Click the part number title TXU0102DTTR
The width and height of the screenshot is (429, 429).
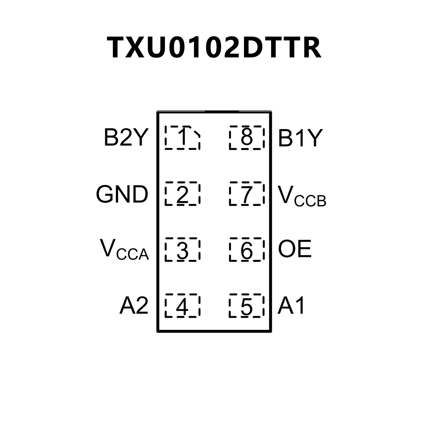214,48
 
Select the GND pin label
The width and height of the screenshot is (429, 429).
122,194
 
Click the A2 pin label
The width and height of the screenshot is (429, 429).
134,305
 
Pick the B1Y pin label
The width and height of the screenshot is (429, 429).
300,138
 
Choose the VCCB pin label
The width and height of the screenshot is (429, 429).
302,196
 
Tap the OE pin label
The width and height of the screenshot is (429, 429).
295,249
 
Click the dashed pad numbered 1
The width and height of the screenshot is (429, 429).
182,138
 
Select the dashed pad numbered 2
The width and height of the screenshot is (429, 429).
182,194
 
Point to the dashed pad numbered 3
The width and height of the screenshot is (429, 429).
182,250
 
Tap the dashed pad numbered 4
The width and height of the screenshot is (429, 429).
182,306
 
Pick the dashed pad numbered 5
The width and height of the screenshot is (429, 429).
247,306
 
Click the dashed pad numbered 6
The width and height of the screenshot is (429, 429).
247,250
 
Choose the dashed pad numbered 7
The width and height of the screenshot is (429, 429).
247,194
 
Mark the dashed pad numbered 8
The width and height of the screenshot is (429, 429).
247,138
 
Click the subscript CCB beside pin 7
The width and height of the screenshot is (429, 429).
310,201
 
